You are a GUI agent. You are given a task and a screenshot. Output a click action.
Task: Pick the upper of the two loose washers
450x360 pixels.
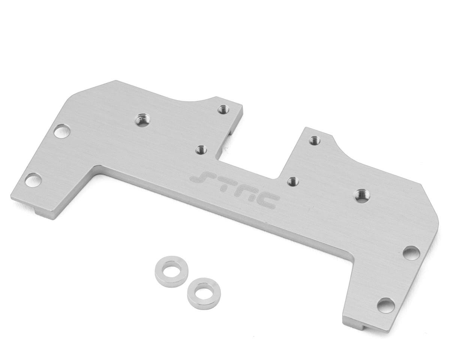171,272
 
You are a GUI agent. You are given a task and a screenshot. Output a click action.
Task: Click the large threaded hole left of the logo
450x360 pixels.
143,120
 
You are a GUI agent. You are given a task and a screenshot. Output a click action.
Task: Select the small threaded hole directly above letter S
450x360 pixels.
201,150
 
